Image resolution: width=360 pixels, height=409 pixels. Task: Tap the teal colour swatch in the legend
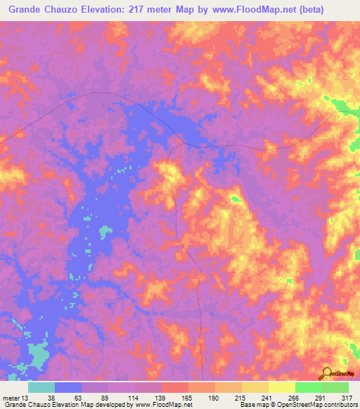pos(41,387)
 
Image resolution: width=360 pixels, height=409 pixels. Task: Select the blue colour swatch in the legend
pos(67,387)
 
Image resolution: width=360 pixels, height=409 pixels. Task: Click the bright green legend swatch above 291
pos(308,387)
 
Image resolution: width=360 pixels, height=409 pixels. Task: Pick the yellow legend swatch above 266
pos(281,387)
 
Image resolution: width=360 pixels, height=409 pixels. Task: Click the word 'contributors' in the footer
pos(340,405)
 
